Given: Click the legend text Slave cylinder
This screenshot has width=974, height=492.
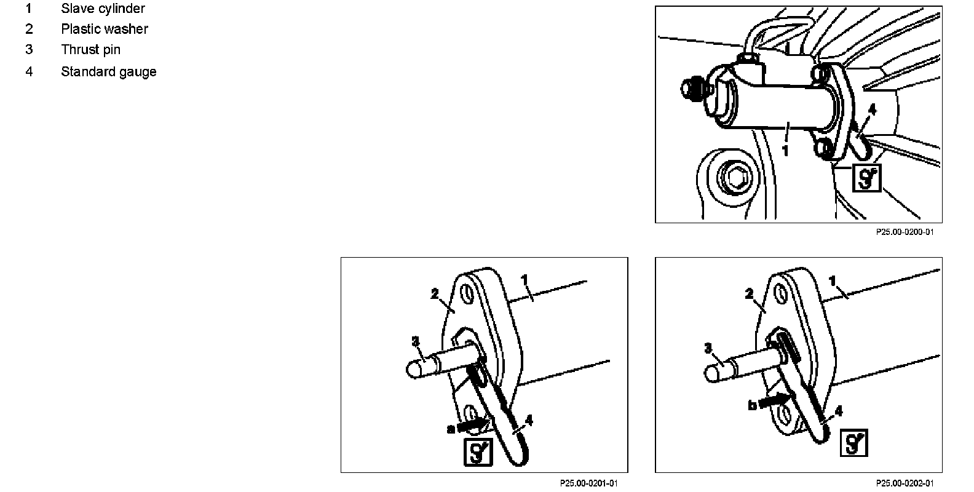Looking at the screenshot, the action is pyautogui.click(x=103, y=9).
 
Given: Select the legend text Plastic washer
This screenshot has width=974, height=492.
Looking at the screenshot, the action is pyautogui.click(x=105, y=30).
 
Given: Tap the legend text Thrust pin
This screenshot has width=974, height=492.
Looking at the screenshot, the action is pyautogui.click(x=90, y=50).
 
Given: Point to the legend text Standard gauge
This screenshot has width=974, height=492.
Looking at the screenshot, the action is pyautogui.click(x=108, y=72).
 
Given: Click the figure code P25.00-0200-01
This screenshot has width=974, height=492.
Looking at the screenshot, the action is pyautogui.click(x=905, y=232).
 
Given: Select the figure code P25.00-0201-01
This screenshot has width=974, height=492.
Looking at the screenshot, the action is pyautogui.click(x=589, y=483).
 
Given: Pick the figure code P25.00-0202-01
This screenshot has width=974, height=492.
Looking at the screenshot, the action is pyautogui.click(x=905, y=483).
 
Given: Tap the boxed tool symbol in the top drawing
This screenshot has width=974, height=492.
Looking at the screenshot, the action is pyautogui.click(x=867, y=178).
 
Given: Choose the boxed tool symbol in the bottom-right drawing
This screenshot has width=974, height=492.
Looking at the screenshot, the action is pyautogui.click(x=853, y=443).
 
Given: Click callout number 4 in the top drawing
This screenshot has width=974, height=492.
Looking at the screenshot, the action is pyautogui.click(x=871, y=109).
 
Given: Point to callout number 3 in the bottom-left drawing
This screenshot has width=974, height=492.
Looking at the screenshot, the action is pyautogui.click(x=415, y=341).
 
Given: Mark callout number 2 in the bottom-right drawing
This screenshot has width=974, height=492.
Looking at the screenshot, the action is pyautogui.click(x=749, y=295).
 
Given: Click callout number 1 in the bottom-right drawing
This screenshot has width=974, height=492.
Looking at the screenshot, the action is pyautogui.click(x=833, y=281).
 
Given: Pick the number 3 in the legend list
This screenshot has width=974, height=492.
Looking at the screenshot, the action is pyautogui.click(x=29, y=50).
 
